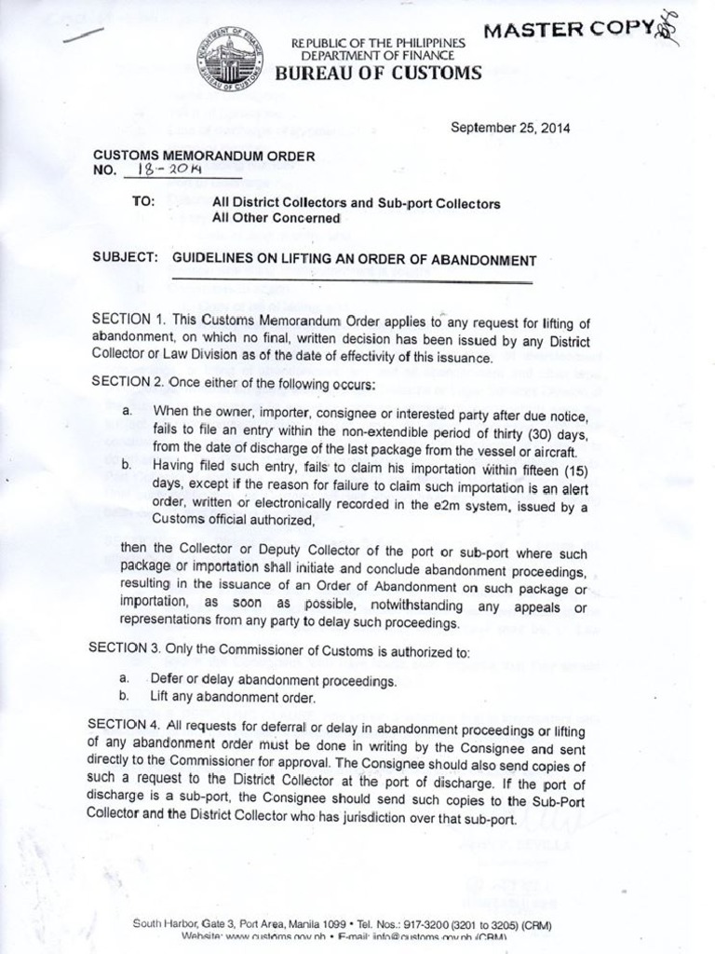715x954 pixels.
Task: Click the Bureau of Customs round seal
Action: pyautogui.click(x=229, y=59)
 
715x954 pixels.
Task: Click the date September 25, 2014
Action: pyautogui.click(x=510, y=129)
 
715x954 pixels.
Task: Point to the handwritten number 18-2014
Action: pyautogui.click(x=175, y=170)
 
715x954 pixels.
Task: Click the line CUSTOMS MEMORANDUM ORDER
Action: pyautogui.click(x=203, y=155)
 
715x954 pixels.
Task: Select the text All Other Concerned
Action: pyautogui.click(x=277, y=218)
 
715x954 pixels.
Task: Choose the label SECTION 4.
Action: pyautogui.click(x=125, y=724)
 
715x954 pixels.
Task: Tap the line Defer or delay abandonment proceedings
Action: pyautogui.click(x=273, y=680)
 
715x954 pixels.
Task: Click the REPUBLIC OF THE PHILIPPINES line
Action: pyautogui.click(x=377, y=44)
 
